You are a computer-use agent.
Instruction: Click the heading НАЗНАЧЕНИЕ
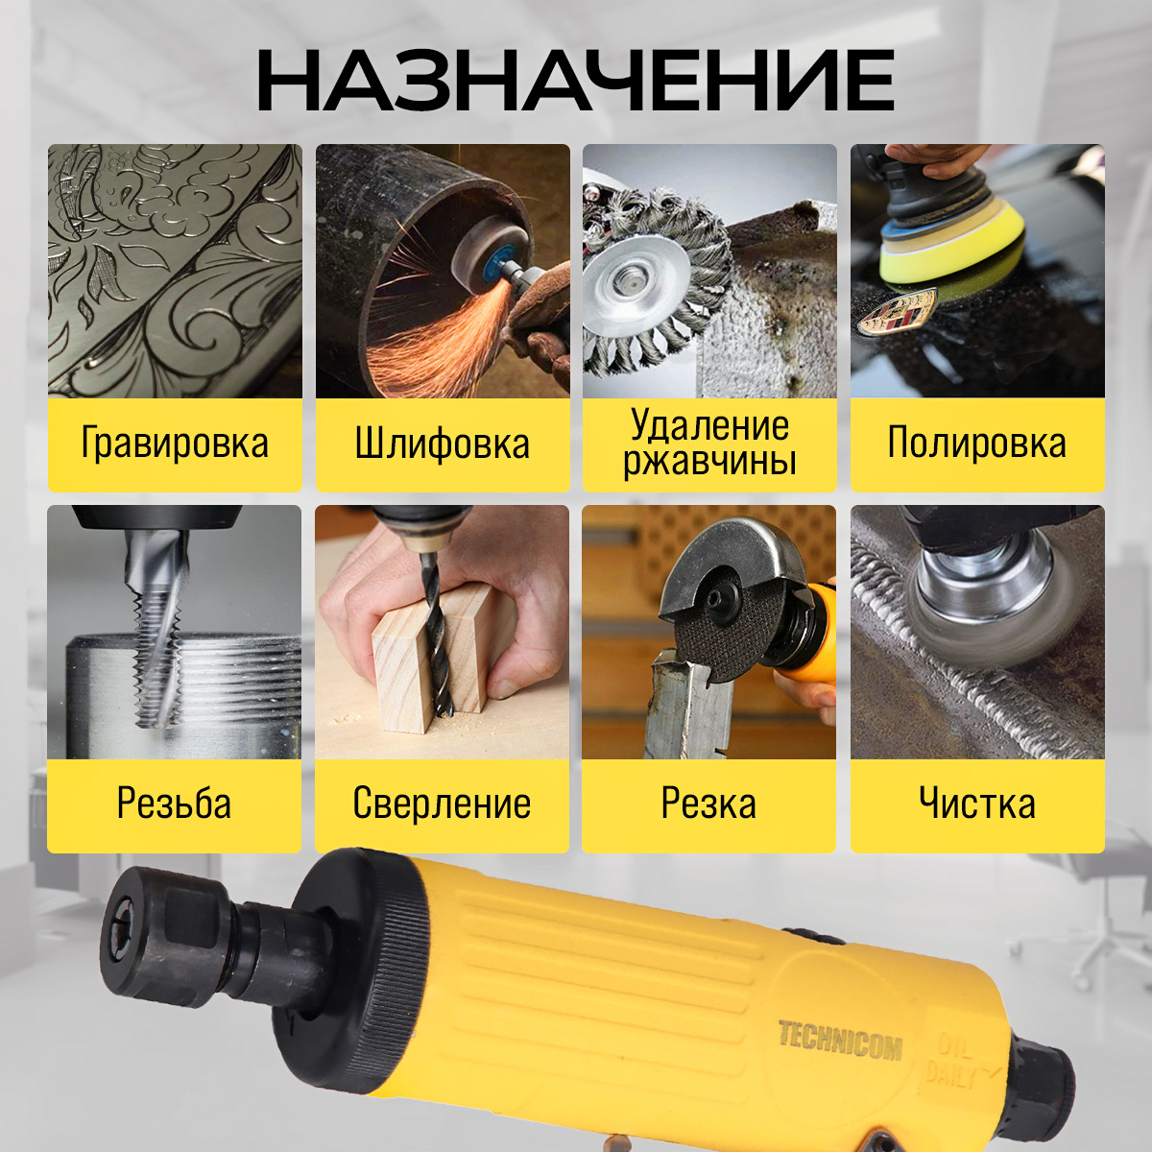click(576, 81)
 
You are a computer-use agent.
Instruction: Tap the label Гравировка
click(175, 443)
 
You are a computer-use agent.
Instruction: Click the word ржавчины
click(709, 462)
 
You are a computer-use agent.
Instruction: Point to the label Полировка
click(977, 443)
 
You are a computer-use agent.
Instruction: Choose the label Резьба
click(174, 803)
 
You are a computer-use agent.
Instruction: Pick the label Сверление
click(442, 803)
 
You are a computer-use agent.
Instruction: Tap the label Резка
click(708, 803)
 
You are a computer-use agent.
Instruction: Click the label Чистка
click(977, 803)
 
